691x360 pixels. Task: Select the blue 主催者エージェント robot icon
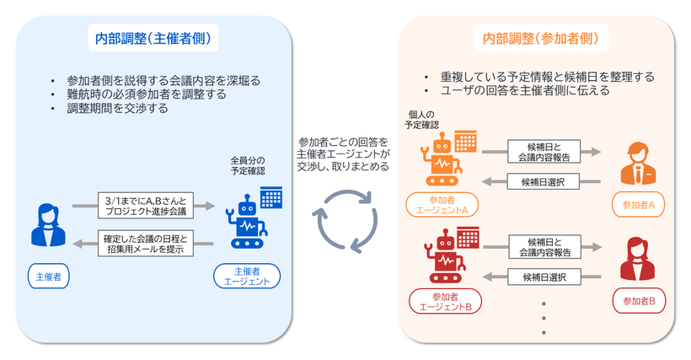[x=249, y=220]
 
